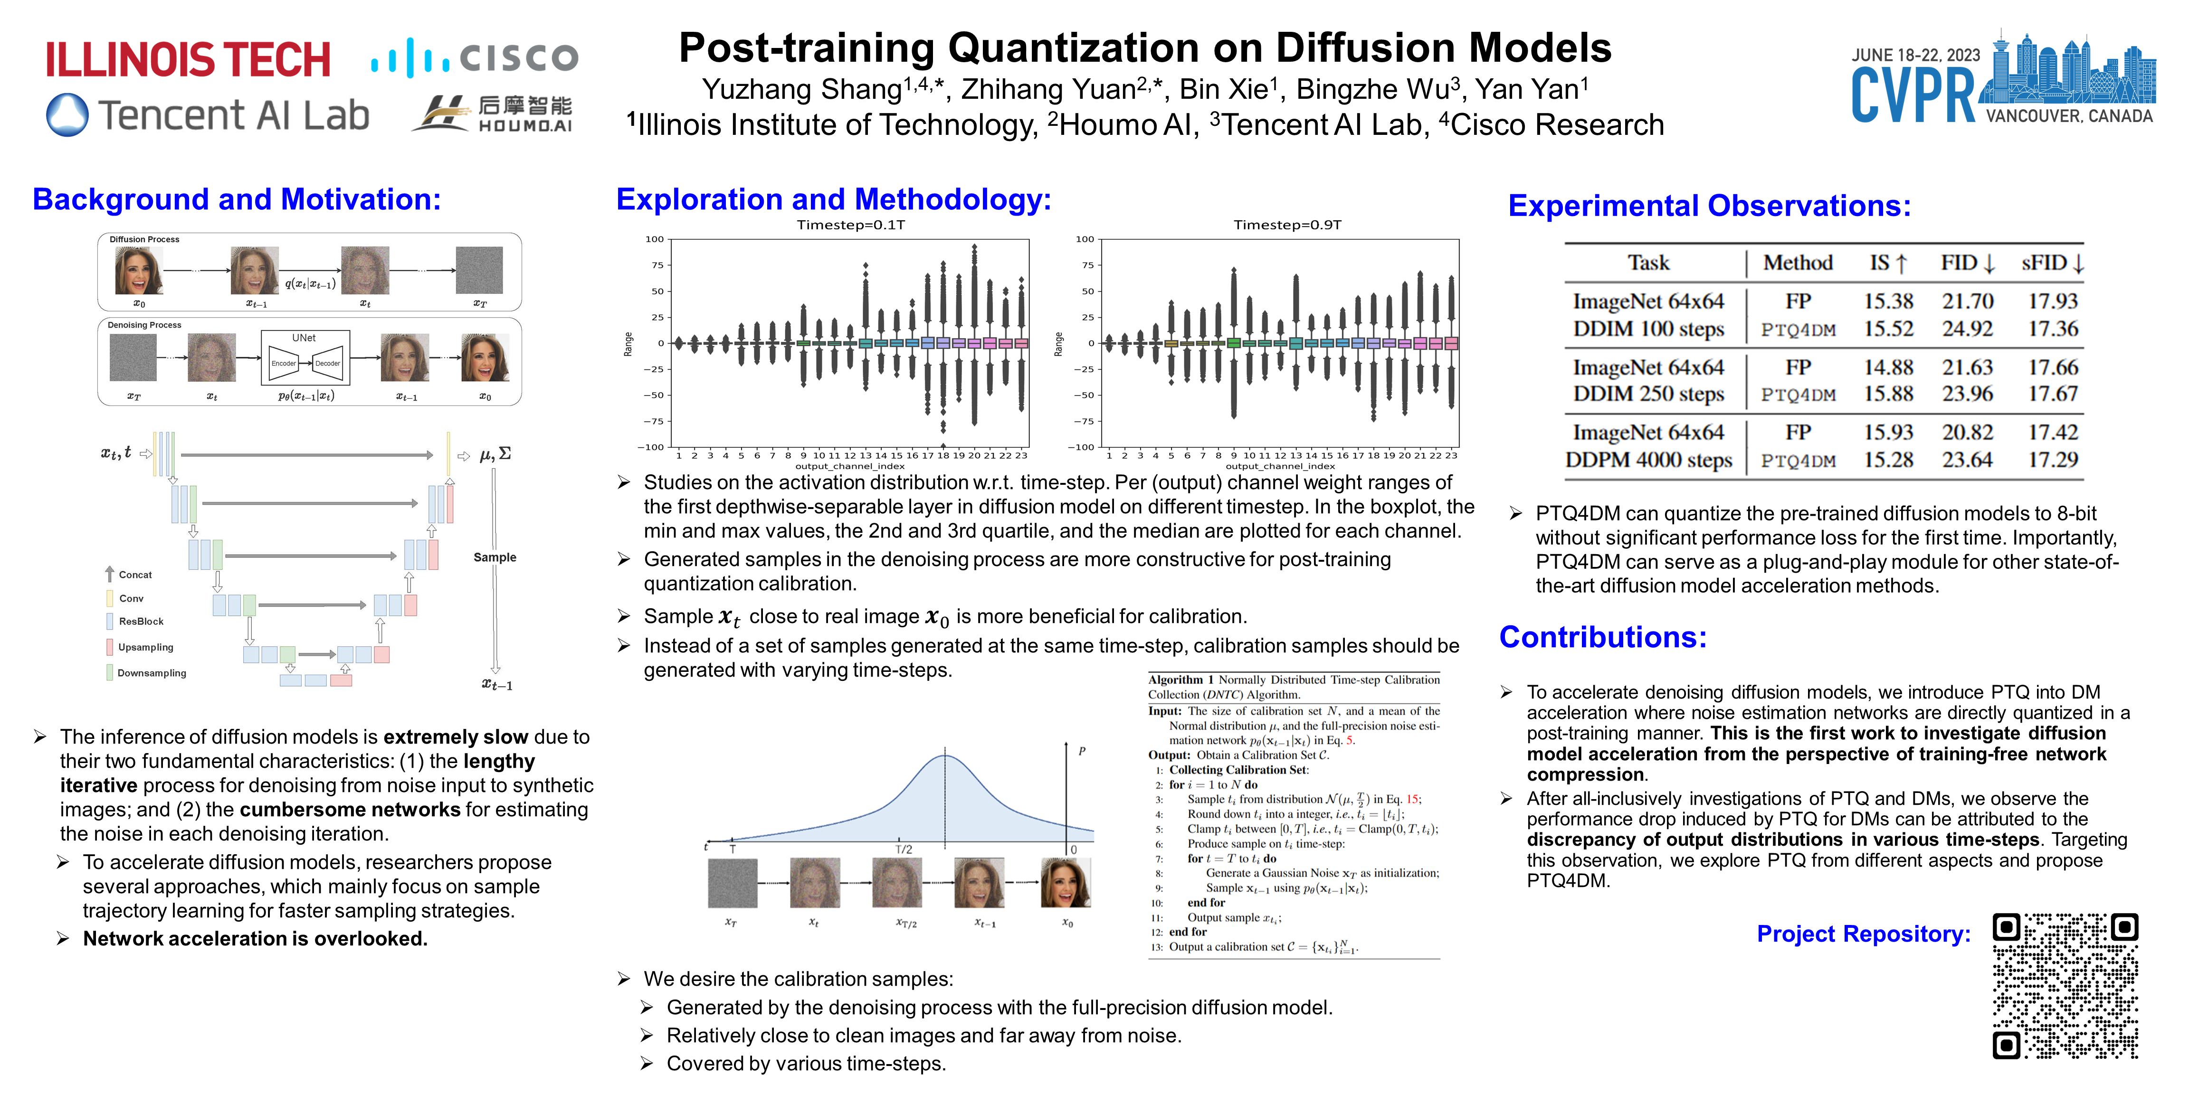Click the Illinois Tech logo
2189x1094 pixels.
pos(188,59)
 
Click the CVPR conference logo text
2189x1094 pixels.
pos(1913,96)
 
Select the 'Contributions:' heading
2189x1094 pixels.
pos(1603,637)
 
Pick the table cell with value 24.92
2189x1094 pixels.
pos(1967,329)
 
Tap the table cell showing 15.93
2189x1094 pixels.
pos(1888,433)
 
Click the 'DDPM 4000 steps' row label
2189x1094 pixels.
pos(1648,461)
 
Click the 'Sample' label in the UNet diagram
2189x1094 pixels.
pos(495,557)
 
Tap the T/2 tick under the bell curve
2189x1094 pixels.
pos(904,849)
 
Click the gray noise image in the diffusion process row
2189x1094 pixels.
pos(479,270)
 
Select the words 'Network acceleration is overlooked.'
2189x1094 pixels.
pos(255,939)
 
